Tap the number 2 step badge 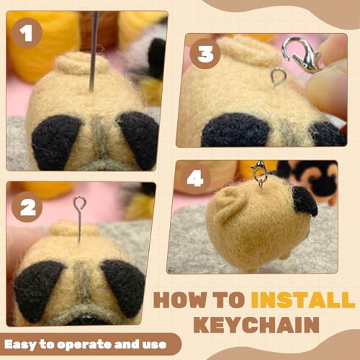click(27, 207)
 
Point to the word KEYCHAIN click(261, 325)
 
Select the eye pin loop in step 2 click(79, 204)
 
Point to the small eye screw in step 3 click(277, 76)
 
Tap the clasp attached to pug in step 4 click(259, 173)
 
